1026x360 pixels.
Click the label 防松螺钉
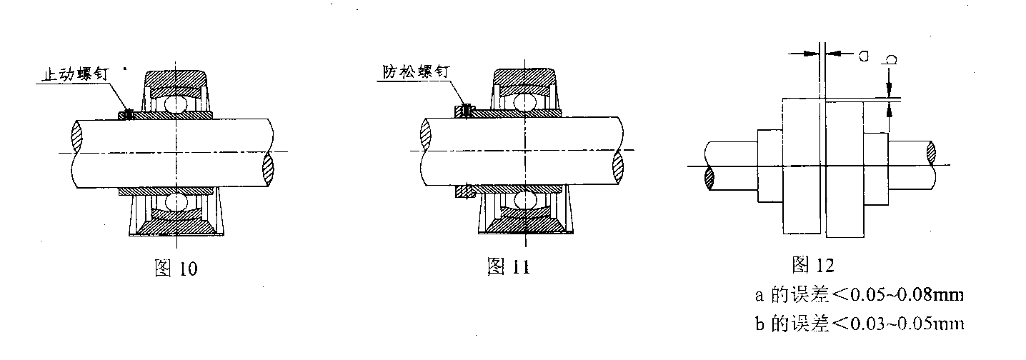pyautogui.click(x=417, y=72)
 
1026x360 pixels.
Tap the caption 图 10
pyautogui.click(x=176, y=268)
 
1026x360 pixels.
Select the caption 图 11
pyautogui.click(x=508, y=266)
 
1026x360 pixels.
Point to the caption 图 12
pyautogui.click(x=813, y=265)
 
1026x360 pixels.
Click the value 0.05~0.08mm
pyautogui.click(x=907, y=294)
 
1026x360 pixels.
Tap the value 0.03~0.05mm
pyautogui.click(x=907, y=324)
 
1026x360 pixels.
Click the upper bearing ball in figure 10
pyautogui.click(x=176, y=105)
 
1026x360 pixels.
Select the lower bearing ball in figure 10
pyautogui.click(x=176, y=202)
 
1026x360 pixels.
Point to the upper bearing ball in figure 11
pyautogui.click(x=525, y=103)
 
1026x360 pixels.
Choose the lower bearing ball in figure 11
pyautogui.click(x=525, y=200)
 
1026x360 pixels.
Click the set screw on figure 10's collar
pyautogui.click(x=129, y=114)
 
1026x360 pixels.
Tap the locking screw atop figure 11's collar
pyautogui.click(x=466, y=111)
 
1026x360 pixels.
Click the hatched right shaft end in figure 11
pyautogui.click(x=618, y=166)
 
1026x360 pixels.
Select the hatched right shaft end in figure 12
pyautogui.click(x=931, y=153)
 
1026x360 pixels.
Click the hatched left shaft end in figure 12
pyautogui.click(x=709, y=178)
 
